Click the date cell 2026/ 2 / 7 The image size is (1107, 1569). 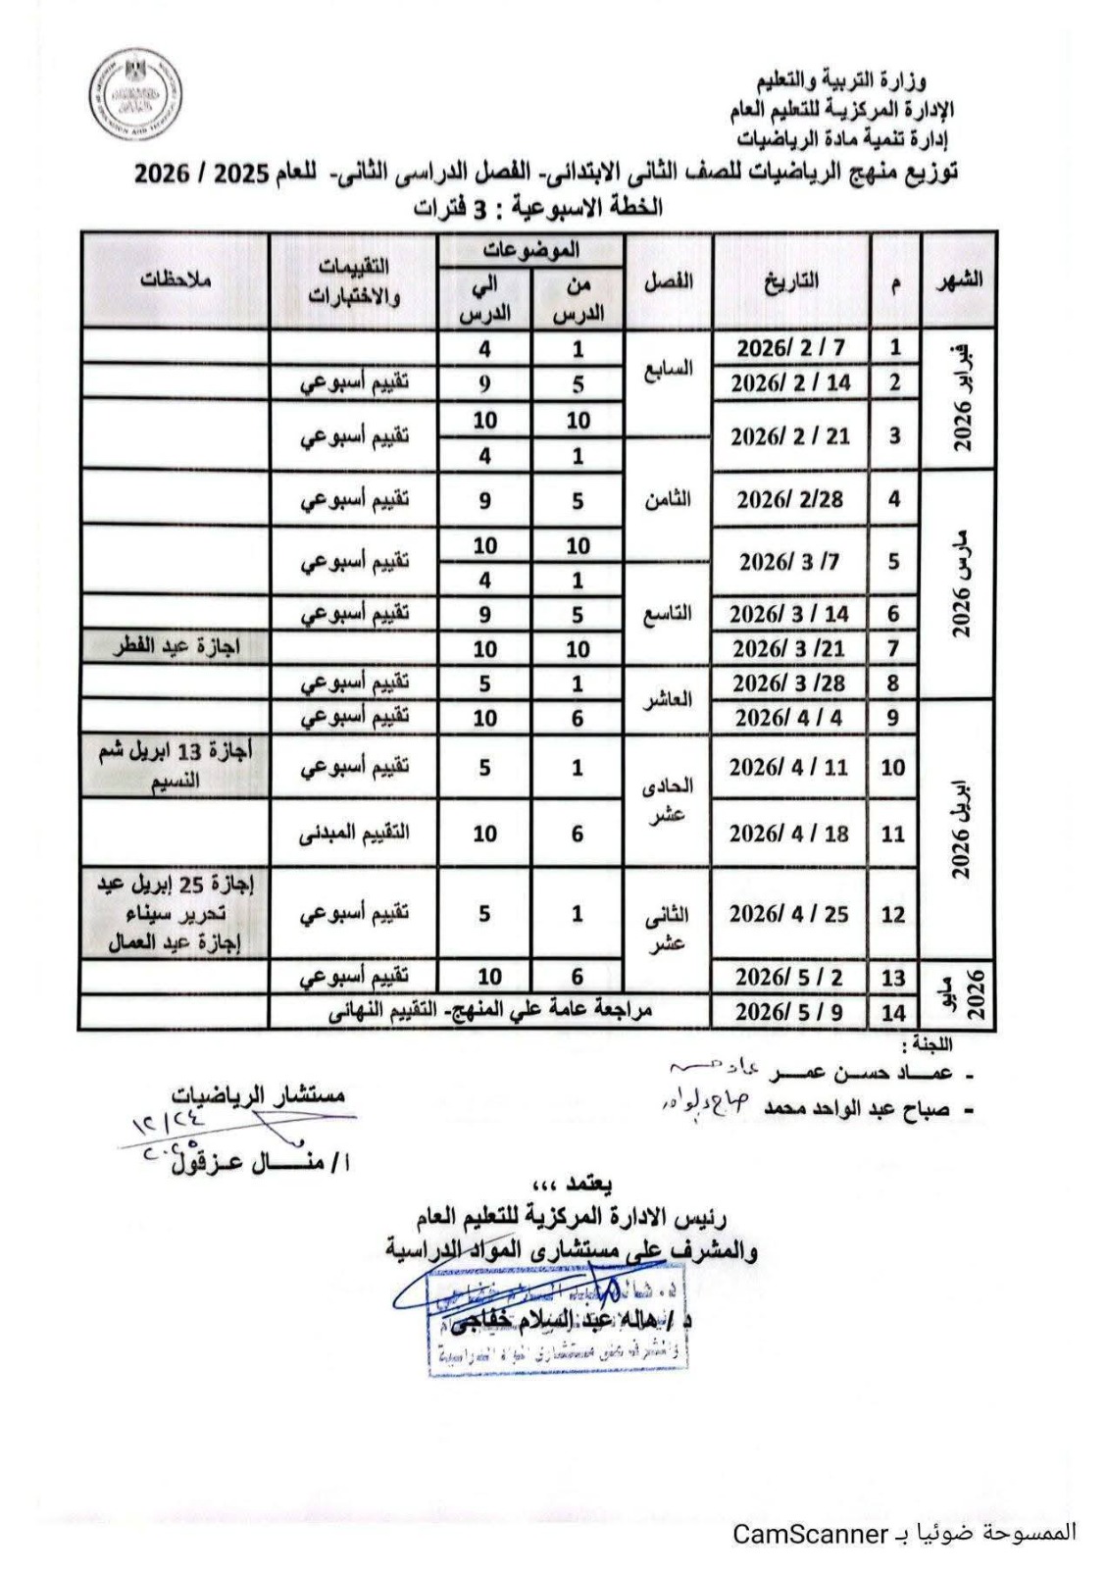coord(790,348)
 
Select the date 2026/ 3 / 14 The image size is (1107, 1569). coord(789,614)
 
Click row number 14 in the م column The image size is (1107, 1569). coord(893,1012)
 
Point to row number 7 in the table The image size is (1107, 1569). coord(893,648)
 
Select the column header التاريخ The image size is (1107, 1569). coord(790,281)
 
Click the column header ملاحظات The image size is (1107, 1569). coord(175,280)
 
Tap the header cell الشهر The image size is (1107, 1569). coord(958,280)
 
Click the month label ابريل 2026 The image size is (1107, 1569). coord(962,829)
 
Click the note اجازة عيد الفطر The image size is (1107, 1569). coord(176,647)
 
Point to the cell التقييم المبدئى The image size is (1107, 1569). coord(354,833)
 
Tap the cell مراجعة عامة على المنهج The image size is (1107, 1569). coord(490,1011)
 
